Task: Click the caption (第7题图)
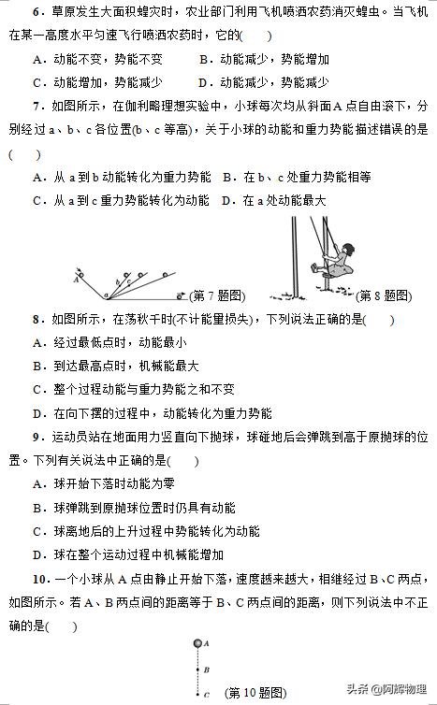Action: [216, 295]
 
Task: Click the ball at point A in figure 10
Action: [197, 643]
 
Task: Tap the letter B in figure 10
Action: [206, 669]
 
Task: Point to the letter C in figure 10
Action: [206, 695]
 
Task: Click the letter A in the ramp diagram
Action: [75, 278]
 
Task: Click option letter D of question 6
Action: [204, 82]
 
